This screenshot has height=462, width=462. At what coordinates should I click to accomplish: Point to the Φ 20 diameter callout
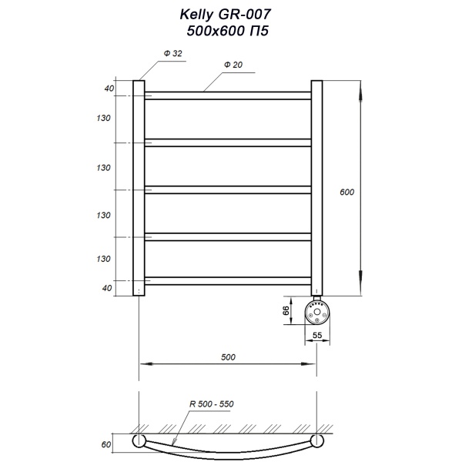click(233, 66)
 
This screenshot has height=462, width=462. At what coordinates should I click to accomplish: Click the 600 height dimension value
click(346, 192)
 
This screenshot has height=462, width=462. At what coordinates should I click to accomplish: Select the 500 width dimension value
click(228, 357)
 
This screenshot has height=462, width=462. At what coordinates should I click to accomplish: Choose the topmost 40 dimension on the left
click(109, 89)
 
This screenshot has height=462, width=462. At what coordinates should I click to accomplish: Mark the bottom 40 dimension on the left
click(109, 288)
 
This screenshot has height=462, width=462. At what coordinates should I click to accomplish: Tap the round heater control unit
click(316, 311)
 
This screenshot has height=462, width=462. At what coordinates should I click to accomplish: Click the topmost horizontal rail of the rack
click(228, 95)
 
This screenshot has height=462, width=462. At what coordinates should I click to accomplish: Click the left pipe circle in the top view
click(139, 441)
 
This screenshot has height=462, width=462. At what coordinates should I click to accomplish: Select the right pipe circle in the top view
click(316, 441)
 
